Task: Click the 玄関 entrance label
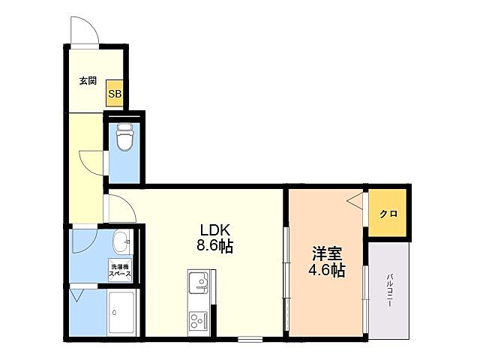click(87, 81)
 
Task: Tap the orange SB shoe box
click(115, 93)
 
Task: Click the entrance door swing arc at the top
click(83, 33)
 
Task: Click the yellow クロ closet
click(388, 213)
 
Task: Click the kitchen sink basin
click(198, 284)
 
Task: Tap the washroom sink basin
click(119, 241)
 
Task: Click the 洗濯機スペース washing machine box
click(120, 271)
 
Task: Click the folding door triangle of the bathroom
click(76, 295)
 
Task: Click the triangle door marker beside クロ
click(355, 200)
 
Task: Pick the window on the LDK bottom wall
click(250, 339)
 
